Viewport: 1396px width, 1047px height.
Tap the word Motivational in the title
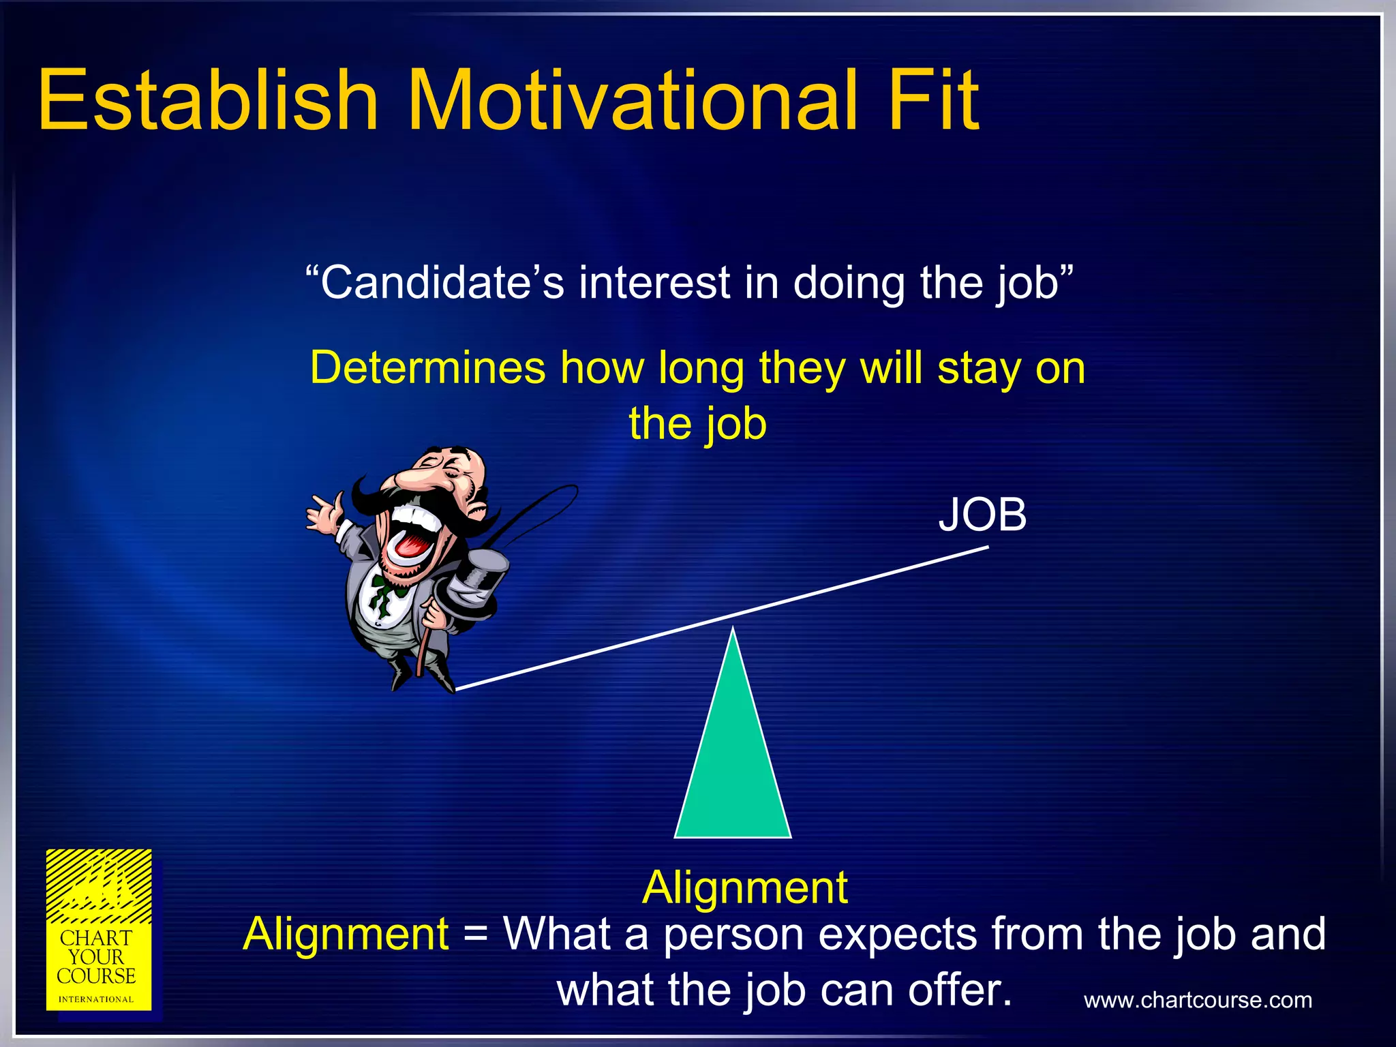click(x=631, y=100)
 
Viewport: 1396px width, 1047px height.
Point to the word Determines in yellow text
click(x=427, y=368)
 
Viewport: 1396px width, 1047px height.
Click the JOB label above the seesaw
click(x=982, y=515)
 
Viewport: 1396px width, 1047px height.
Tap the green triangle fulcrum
click(x=733, y=763)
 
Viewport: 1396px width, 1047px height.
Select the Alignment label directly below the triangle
click(x=744, y=887)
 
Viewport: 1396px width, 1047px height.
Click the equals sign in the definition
click(x=475, y=935)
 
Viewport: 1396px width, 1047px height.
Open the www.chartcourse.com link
click(x=1198, y=1000)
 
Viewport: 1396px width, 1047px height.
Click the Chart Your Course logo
click(x=99, y=930)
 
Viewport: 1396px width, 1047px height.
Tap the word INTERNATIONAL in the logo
click(x=96, y=999)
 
